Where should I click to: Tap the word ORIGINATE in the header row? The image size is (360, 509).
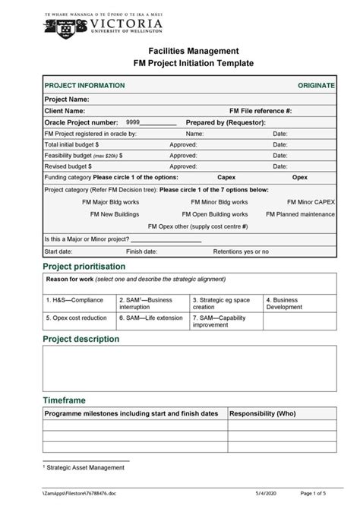click(316, 87)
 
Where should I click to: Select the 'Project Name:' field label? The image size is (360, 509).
click(68, 99)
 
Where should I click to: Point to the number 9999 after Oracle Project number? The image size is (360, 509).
click(133, 122)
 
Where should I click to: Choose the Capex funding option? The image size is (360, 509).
click(226, 176)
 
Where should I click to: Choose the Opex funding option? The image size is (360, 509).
click(300, 176)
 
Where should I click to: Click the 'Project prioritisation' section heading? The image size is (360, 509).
click(84, 267)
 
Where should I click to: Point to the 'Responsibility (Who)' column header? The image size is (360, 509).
click(263, 413)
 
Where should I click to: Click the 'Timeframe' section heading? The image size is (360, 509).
click(64, 400)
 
